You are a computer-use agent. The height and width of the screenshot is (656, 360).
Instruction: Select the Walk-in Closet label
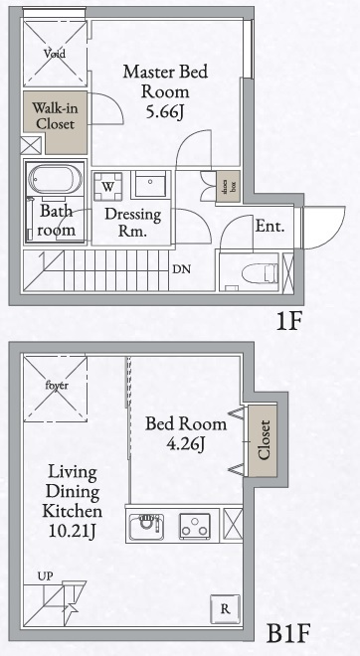coord(55,115)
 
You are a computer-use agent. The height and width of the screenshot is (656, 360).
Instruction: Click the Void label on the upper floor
coord(53,53)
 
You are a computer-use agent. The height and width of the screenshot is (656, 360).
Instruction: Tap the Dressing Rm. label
coord(126,222)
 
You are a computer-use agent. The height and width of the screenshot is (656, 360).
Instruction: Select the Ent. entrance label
coord(270,226)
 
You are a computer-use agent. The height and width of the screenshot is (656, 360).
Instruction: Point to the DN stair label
coord(182,268)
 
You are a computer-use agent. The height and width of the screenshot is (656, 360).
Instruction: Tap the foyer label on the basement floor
coord(56,385)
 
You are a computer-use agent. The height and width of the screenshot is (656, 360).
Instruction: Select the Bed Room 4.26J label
coord(185,433)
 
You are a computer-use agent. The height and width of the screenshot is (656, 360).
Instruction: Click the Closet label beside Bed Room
coord(264,439)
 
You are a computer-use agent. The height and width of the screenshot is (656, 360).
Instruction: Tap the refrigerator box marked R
coord(227,608)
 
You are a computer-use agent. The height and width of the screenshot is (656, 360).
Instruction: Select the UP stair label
coord(45,575)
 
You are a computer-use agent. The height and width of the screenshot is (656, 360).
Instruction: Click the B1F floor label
coord(292,632)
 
